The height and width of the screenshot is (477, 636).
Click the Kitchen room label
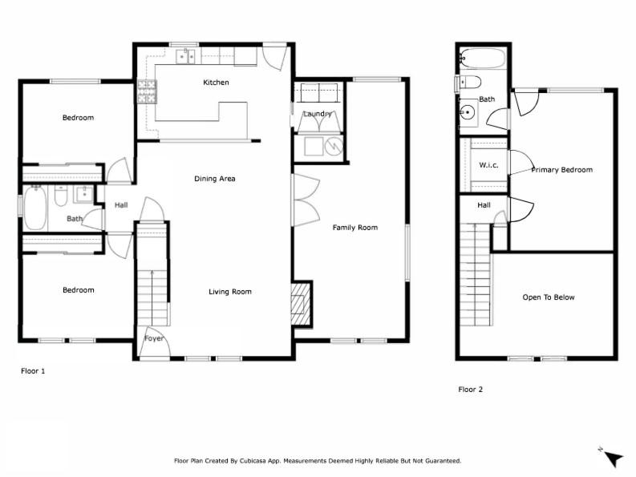[x=216, y=83]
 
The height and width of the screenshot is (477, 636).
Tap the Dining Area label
[x=215, y=179]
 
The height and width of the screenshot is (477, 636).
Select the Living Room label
[x=230, y=292]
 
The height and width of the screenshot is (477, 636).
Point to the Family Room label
[x=355, y=228]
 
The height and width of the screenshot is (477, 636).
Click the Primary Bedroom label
[x=561, y=169]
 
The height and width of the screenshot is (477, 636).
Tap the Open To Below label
[x=549, y=297]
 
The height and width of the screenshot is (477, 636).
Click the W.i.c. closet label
[x=488, y=165]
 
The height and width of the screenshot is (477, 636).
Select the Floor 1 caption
[x=33, y=370]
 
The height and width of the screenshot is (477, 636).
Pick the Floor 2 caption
[x=471, y=390]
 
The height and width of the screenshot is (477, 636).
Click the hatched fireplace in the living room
[x=301, y=303]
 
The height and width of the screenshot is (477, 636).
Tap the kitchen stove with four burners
[x=147, y=91]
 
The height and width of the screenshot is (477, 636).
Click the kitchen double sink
[x=185, y=56]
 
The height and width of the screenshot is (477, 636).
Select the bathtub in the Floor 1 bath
[x=34, y=208]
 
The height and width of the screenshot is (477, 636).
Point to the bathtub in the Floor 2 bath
[x=483, y=59]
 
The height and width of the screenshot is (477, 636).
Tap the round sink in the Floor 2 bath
[x=468, y=111]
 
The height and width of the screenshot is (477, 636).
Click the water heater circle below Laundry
[x=334, y=146]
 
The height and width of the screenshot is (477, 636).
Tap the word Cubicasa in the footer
[x=253, y=461]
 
